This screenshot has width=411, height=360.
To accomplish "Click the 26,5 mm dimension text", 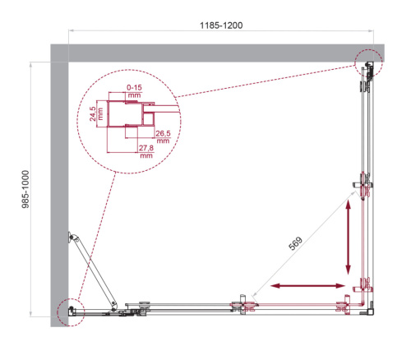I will [x=162, y=137].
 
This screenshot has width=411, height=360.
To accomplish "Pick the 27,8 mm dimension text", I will [x=146, y=151].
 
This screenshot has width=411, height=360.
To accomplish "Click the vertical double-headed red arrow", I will [x=349, y=238].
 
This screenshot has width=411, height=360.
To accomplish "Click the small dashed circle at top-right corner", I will [x=368, y=62].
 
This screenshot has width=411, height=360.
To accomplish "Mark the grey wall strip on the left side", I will [x=58, y=189].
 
